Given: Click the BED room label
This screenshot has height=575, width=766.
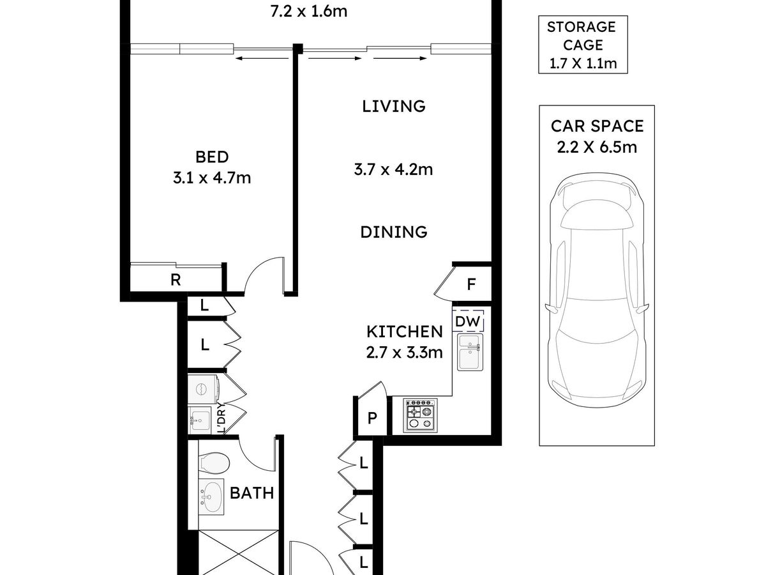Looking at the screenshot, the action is click(212, 157).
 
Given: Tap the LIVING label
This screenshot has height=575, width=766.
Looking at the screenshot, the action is click(394, 106).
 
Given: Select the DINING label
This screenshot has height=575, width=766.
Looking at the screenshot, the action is click(394, 232).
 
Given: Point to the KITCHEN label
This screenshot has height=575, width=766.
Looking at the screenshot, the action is click(405, 332).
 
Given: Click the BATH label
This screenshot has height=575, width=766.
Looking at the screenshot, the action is click(252, 493).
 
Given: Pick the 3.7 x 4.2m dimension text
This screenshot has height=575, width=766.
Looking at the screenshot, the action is click(393, 170).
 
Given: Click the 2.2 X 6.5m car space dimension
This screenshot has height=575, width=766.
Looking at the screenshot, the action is click(597, 147).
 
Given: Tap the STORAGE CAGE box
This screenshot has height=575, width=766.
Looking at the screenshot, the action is click(583, 44).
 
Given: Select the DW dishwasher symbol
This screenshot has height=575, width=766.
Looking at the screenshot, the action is click(468, 321).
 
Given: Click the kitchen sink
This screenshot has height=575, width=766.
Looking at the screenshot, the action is click(470, 352).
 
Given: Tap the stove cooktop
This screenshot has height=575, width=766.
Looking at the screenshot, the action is click(420, 415).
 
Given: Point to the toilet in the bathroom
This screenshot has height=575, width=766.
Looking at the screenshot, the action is click(214, 464).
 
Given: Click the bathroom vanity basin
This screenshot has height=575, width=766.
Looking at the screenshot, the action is click(211, 496).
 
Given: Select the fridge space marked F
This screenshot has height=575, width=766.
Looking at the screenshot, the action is click(472, 284).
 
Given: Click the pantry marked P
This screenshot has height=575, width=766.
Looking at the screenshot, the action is click(372, 417).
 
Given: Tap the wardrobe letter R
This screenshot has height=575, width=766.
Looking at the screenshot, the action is click(176, 280).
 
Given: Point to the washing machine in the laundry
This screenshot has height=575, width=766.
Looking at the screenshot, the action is click(203, 388).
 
